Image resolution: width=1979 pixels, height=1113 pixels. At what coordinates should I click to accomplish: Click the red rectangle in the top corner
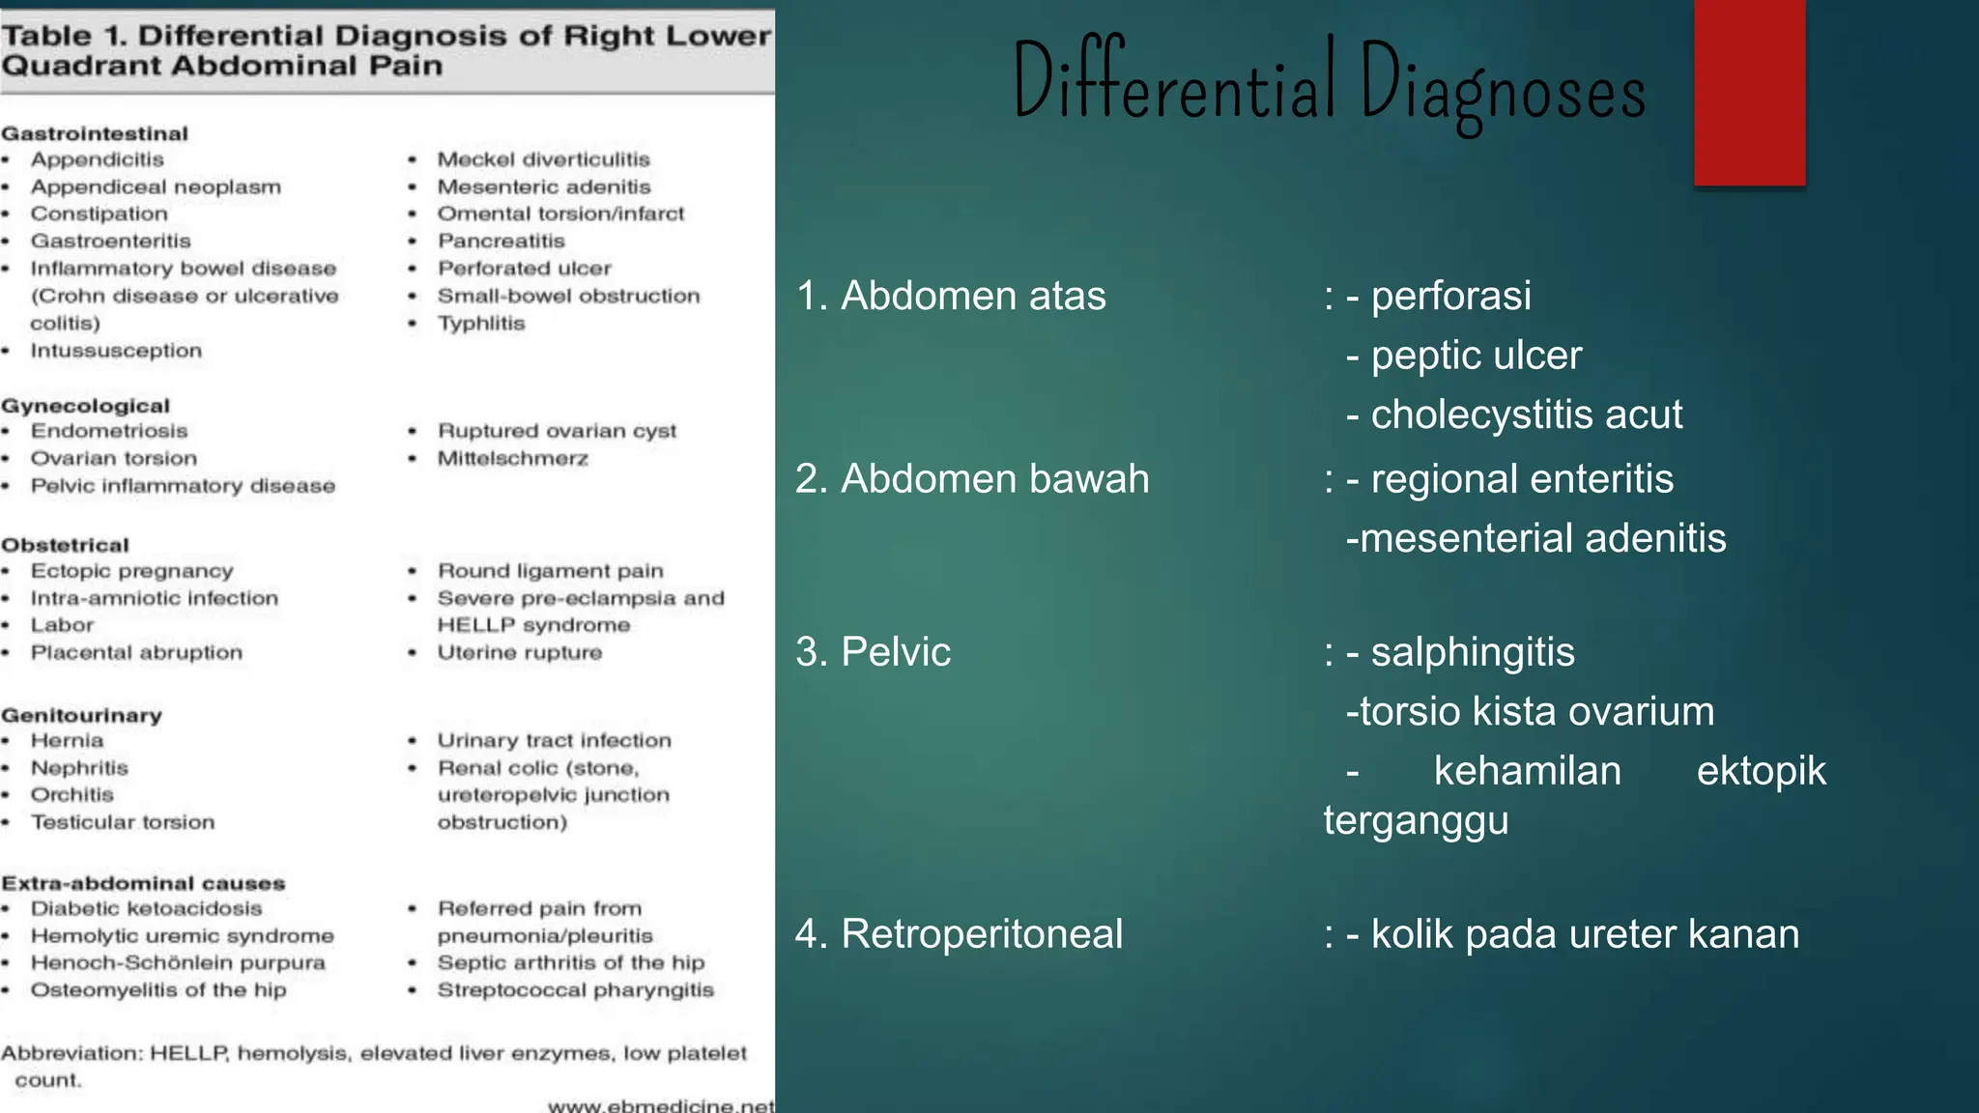1749,93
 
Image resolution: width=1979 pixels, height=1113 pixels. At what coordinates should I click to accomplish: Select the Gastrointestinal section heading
95,133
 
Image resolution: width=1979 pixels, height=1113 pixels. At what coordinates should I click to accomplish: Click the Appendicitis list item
97,159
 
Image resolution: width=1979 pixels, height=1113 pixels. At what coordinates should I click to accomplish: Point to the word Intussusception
116,351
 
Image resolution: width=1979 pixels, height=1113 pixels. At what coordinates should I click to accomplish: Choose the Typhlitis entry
481,324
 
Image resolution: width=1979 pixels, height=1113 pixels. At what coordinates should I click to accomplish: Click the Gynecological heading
85,406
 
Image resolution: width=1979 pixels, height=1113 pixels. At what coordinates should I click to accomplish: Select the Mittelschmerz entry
512,459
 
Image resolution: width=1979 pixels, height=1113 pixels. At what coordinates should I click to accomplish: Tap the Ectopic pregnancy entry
131,571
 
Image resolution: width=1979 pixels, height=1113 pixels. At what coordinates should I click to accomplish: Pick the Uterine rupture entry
520,653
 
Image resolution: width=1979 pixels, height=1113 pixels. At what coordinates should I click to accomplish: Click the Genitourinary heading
82,716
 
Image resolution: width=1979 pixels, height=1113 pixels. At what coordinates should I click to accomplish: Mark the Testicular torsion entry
123,822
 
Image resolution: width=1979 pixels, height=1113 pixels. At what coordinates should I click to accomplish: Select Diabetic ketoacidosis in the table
146,909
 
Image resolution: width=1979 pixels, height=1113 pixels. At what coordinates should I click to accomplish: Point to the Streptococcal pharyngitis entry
575,990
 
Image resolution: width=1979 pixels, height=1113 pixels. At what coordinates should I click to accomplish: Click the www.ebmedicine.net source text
661,1105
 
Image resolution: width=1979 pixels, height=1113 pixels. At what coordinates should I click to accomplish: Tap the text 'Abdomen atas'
972,297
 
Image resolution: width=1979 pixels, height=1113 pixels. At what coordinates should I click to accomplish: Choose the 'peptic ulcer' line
1476,356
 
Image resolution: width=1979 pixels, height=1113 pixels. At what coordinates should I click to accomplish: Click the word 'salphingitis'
1472,652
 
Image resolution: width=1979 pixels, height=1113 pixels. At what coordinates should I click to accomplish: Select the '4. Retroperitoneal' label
959,934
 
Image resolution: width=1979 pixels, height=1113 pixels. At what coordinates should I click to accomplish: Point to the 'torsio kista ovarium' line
1530,712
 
